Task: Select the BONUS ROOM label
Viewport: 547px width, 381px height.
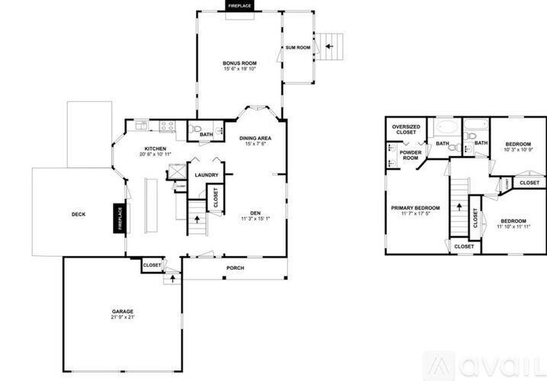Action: tap(240, 63)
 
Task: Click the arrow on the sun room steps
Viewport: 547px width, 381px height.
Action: tap(329, 46)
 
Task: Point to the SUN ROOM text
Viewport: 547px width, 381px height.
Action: tap(298, 47)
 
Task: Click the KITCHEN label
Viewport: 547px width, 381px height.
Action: tap(156, 149)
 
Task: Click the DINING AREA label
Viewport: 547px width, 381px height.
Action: tap(256, 139)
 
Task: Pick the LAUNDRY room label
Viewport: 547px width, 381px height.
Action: tap(206, 175)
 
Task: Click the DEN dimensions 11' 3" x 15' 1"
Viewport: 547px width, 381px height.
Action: tap(256, 219)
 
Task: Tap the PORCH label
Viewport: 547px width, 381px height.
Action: tap(236, 268)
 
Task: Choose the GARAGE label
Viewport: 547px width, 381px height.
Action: tap(123, 311)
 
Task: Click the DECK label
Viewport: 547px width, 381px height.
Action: tap(79, 215)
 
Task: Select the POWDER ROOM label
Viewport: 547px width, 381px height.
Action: tap(410, 155)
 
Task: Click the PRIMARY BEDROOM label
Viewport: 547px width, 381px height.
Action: tap(415, 208)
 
